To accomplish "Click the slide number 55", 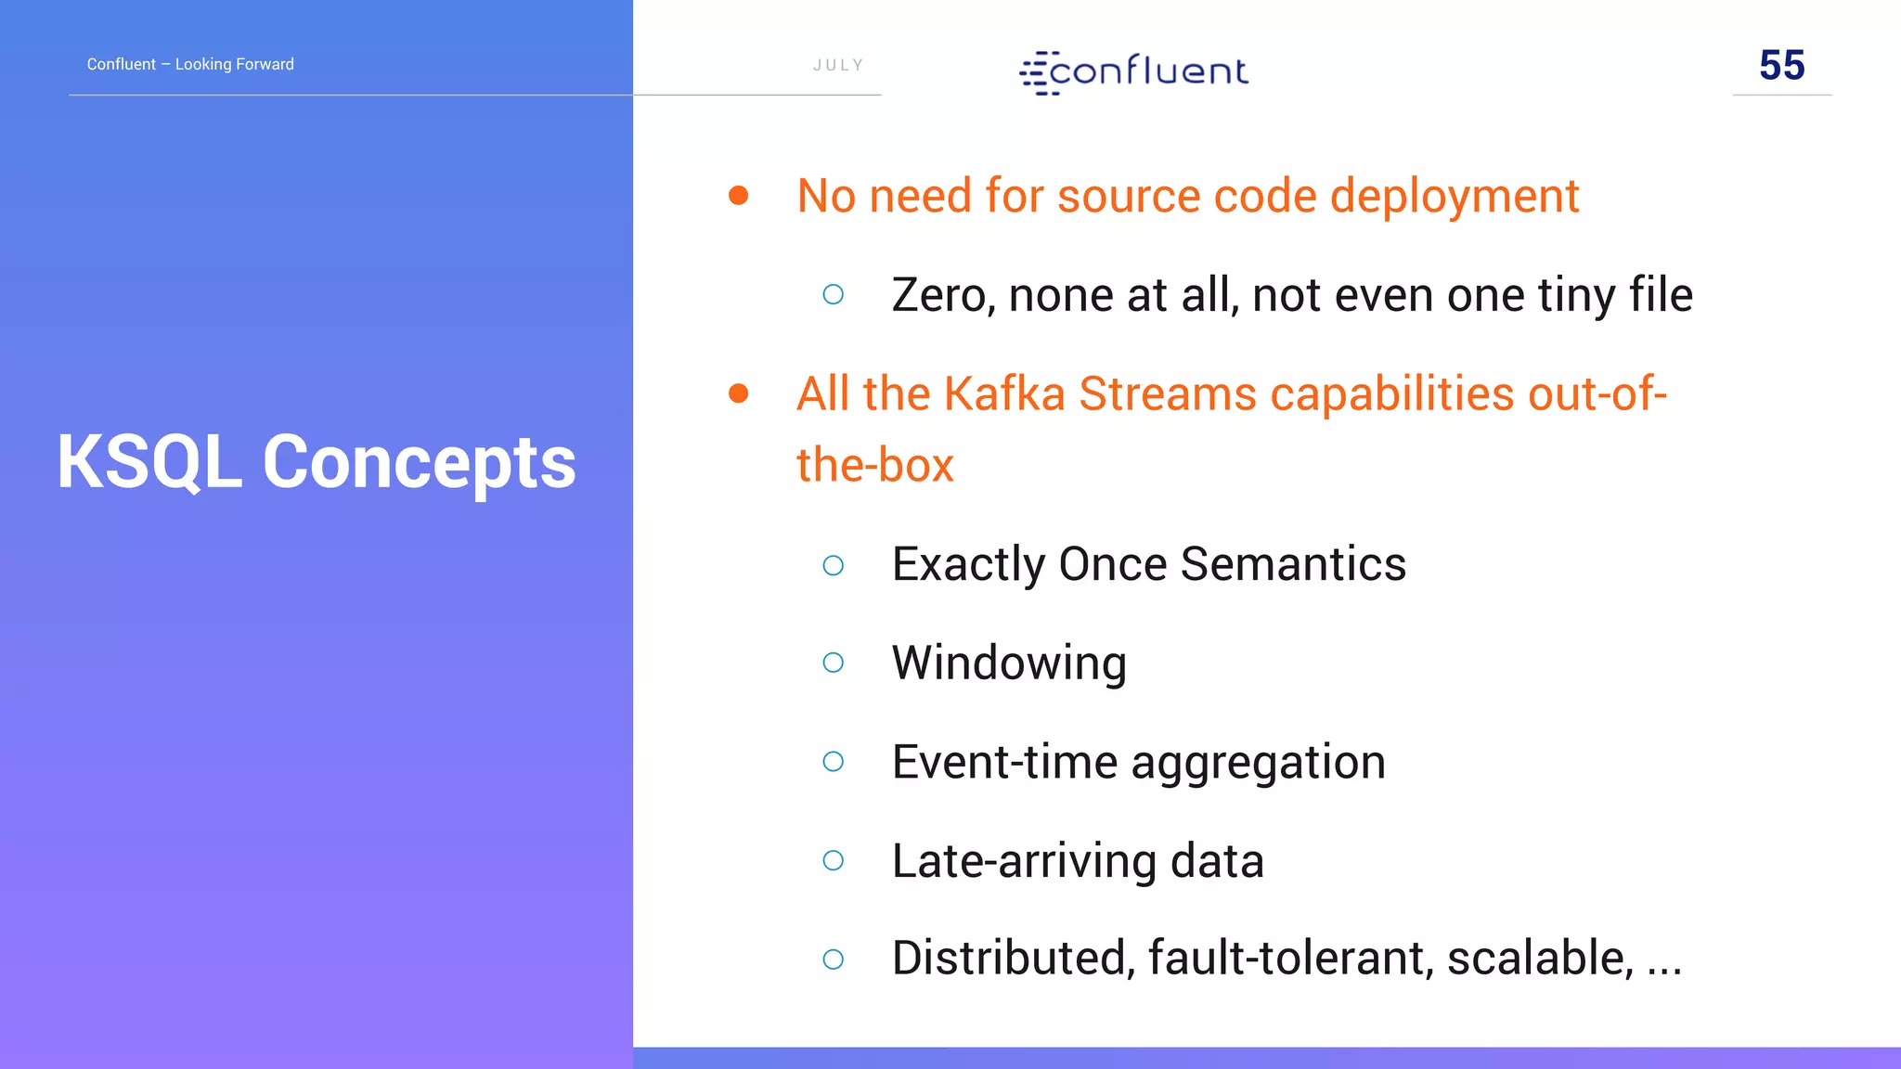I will point(1781,66).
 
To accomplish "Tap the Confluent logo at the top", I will point(1134,71).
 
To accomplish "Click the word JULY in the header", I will point(838,65).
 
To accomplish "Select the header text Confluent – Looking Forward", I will point(190,64).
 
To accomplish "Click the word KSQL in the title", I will point(149,462).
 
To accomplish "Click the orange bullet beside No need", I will point(739,195).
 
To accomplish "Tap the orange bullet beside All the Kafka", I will point(739,393).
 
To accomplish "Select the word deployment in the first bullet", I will point(1455,197).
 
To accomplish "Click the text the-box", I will point(875,465).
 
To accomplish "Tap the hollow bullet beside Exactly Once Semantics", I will point(834,565).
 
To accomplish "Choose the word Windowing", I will point(1009,663).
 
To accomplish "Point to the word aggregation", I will point(1258,763).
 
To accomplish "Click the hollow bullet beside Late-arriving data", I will point(834,861).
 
